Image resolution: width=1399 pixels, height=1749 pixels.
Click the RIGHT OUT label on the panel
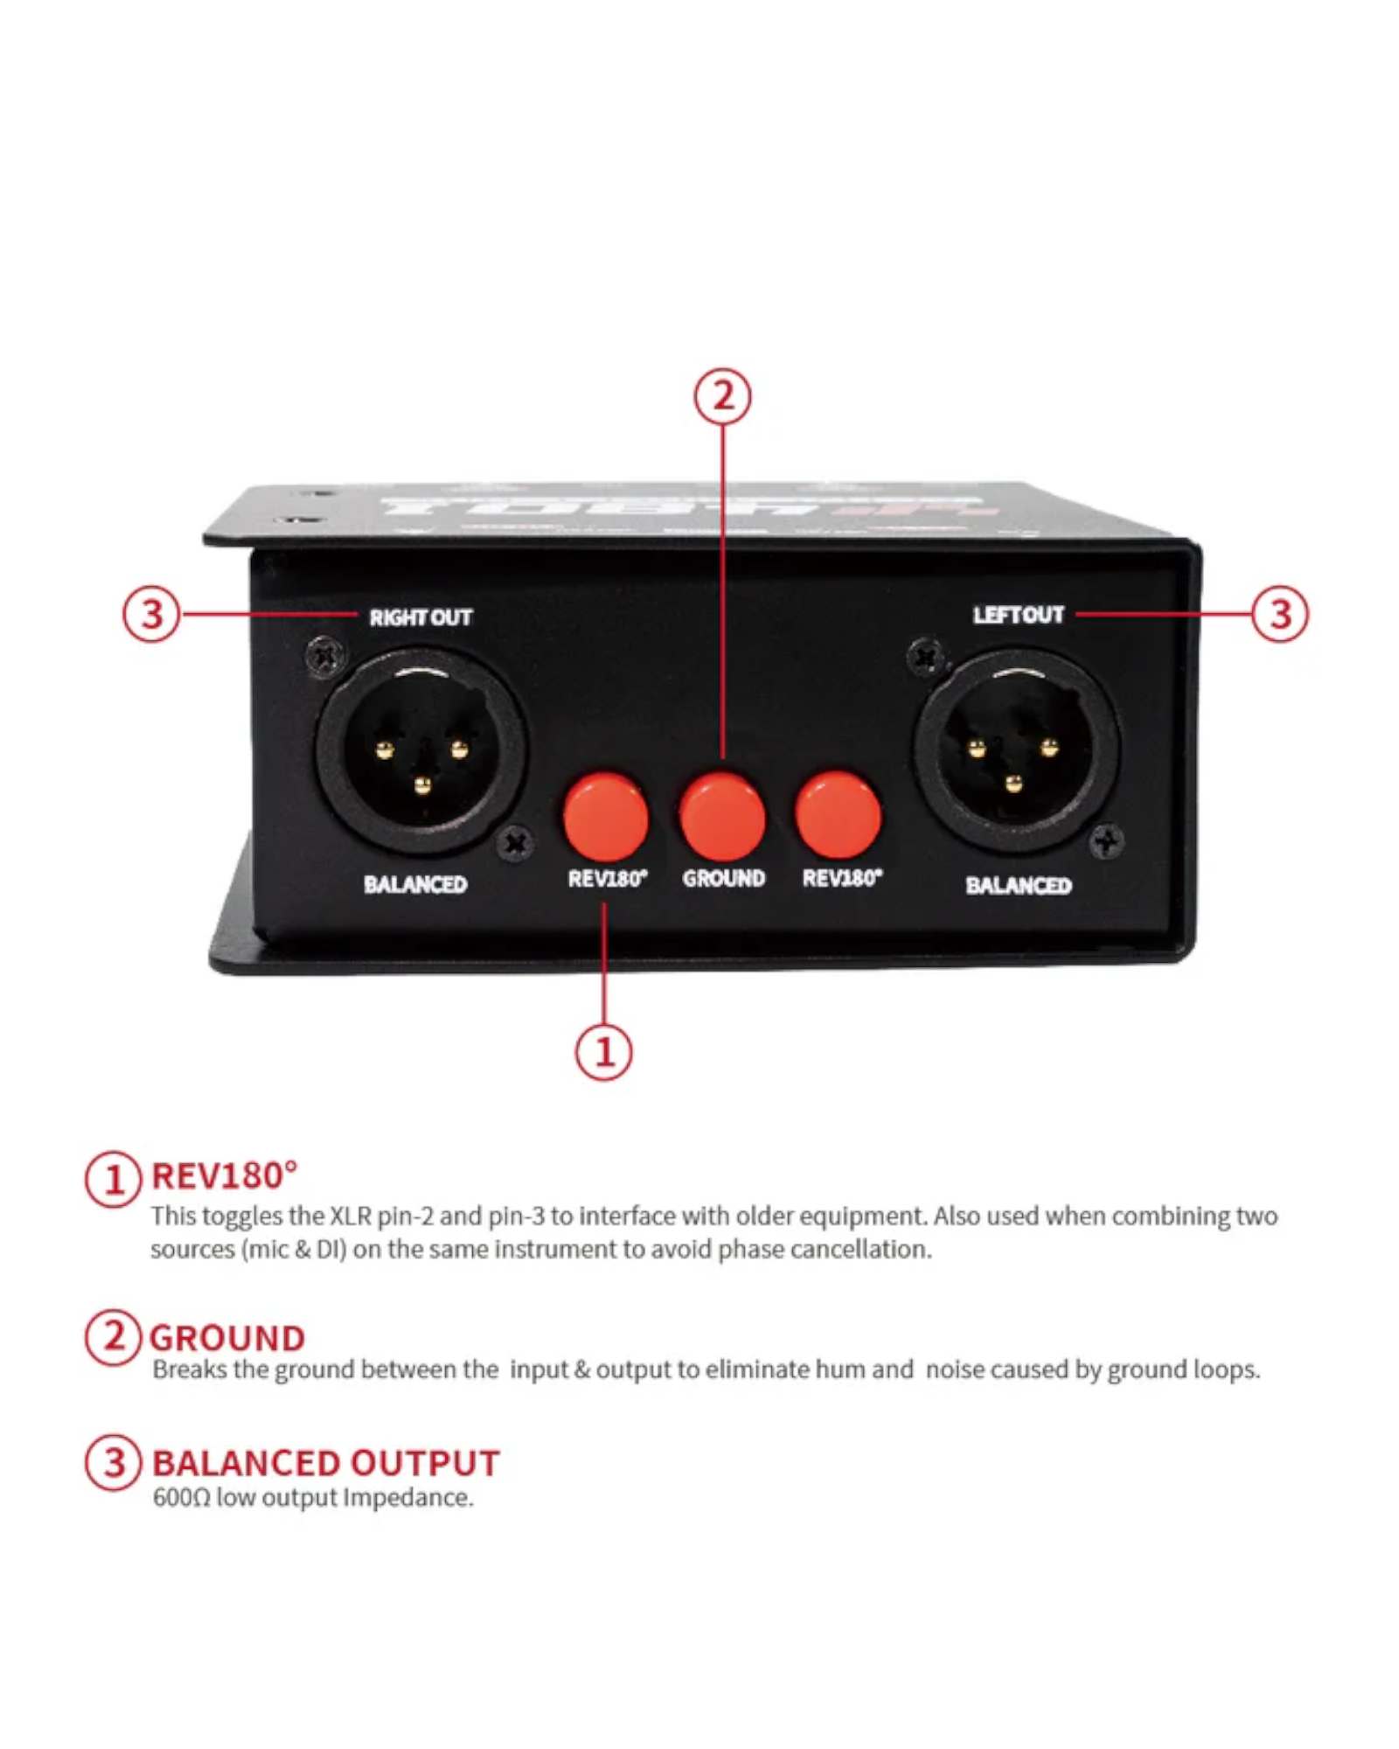(x=420, y=617)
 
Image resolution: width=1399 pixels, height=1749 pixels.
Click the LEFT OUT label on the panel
(x=1018, y=615)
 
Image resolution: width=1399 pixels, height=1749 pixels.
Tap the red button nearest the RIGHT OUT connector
(x=605, y=816)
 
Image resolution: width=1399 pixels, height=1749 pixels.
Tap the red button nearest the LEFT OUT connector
(x=838, y=814)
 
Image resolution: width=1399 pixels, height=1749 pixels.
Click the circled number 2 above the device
(x=722, y=396)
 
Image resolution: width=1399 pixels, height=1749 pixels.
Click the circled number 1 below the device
(x=603, y=1051)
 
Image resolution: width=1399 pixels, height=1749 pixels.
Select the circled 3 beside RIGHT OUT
(x=151, y=614)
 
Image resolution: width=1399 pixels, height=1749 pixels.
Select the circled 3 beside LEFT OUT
(x=1279, y=614)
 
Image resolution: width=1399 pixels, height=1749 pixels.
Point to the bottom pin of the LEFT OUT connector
(x=1013, y=783)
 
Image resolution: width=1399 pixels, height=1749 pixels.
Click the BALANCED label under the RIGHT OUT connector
(x=415, y=884)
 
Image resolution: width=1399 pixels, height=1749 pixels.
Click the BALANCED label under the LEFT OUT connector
(x=1018, y=885)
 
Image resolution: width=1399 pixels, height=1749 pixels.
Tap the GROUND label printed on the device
(x=723, y=878)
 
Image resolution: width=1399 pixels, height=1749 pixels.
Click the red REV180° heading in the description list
(x=225, y=1176)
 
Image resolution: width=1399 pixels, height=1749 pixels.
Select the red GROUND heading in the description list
(x=227, y=1338)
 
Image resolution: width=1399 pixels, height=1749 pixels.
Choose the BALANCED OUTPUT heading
(x=325, y=1463)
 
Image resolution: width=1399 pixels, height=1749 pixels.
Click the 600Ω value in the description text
(x=181, y=1498)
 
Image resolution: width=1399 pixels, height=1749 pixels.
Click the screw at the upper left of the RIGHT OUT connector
(x=325, y=656)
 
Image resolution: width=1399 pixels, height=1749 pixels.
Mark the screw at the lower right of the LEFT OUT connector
(x=1106, y=842)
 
